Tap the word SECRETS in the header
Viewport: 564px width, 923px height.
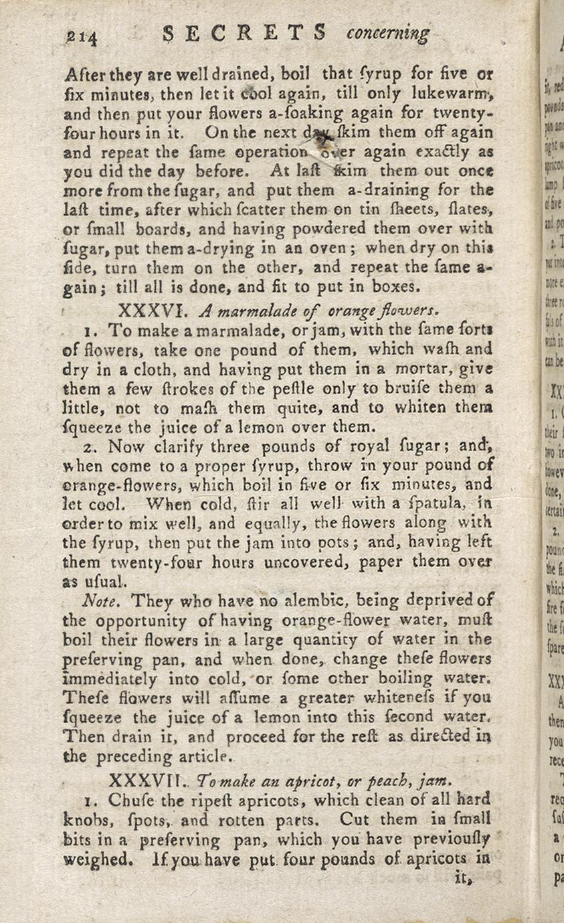tap(244, 33)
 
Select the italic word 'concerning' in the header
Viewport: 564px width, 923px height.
tap(388, 33)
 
